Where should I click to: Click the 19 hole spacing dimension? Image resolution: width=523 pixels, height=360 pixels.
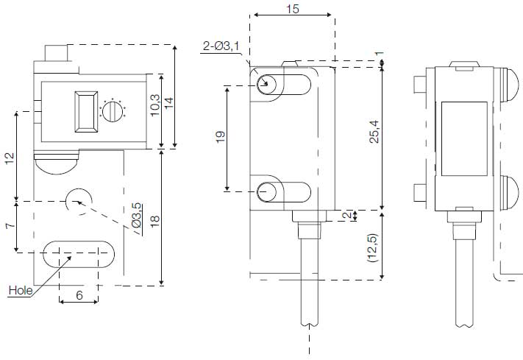[221, 137]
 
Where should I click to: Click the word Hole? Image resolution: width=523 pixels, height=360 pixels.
[20, 290]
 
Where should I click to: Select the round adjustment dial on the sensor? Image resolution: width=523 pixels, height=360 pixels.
[112, 111]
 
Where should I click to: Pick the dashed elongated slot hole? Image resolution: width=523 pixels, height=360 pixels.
[79, 253]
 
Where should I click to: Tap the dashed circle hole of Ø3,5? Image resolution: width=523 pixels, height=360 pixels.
[78, 201]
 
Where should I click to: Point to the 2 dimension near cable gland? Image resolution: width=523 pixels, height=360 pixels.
[347, 215]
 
